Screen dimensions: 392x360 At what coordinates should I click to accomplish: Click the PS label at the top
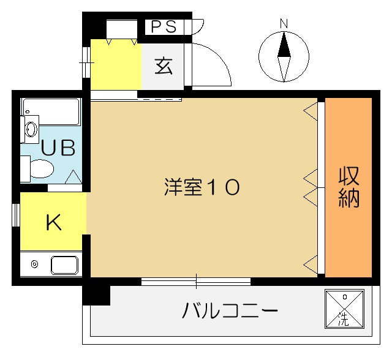pyautogui.click(x=164, y=27)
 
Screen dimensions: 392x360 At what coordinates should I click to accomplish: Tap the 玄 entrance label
pyautogui.click(x=164, y=66)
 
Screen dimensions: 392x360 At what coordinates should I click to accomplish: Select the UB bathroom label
pyautogui.click(x=58, y=148)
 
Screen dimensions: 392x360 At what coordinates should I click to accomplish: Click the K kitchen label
pyautogui.click(x=54, y=223)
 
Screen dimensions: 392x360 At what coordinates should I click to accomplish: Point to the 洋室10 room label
pyautogui.click(x=202, y=187)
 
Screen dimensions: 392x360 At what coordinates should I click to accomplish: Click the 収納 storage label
pyautogui.click(x=349, y=187)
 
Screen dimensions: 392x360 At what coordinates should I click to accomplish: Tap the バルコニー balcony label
pyautogui.click(x=230, y=310)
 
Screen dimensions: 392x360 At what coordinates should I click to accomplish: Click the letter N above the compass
pyautogui.click(x=284, y=24)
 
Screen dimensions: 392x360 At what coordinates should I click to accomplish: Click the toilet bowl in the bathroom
pyautogui.click(x=42, y=168)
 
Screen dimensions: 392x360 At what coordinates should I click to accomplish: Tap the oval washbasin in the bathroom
pyautogui.click(x=31, y=129)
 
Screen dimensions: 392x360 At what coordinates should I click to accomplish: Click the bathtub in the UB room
pyautogui.click(x=51, y=111)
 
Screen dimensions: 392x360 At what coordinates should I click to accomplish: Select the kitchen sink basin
pyautogui.click(x=64, y=265)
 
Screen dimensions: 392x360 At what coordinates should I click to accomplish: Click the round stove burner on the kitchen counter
pyautogui.click(x=34, y=264)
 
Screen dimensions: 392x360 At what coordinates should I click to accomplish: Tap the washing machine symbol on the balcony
pyautogui.click(x=344, y=309)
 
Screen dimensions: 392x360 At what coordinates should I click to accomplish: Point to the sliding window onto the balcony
pyautogui.click(x=196, y=282)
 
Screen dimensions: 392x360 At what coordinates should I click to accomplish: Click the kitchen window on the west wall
pyautogui.click(x=16, y=215)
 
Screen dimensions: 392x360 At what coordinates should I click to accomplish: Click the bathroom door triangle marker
pyautogui.click(x=73, y=176)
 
